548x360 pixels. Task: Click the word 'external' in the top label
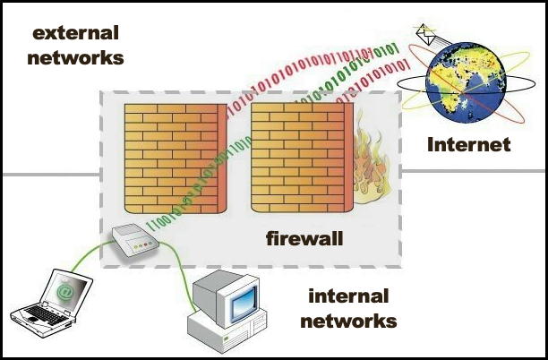click(x=75, y=34)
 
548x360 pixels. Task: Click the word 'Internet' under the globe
click(x=468, y=144)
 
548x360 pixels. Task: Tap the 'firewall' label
click(x=305, y=239)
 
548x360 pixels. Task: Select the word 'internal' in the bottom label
click(x=348, y=296)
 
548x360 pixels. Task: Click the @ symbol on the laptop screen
click(x=65, y=291)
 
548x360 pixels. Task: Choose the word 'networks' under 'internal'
click(x=349, y=320)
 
